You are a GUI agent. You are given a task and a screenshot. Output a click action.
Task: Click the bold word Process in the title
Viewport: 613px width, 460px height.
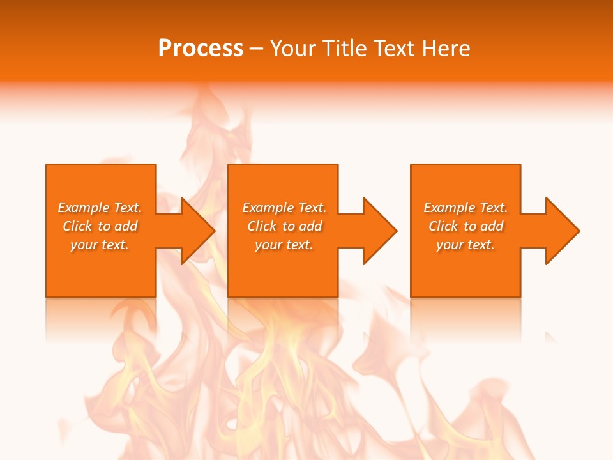pyautogui.click(x=201, y=49)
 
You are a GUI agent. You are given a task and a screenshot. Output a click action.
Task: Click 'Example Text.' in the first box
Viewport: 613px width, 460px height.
pyautogui.click(x=100, y=208)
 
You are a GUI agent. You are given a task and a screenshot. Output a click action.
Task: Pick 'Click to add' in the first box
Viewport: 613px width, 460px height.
pyautogui.click(x=100, y=226)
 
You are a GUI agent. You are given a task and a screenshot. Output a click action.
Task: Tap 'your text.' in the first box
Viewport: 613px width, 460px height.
pyautogui.click(x=100, y=245)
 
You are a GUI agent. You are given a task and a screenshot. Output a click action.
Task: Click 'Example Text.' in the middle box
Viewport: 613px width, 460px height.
pyautogui.click(x=284, y=208)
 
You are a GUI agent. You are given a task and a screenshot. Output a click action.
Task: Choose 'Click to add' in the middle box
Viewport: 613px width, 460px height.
pyautogui.click(x=284, y=226)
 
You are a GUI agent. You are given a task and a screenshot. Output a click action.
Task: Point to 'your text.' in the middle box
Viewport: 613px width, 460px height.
pyautogui.click(x=284, y=245)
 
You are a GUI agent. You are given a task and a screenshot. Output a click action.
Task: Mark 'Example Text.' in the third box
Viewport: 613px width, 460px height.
pyautogui.click(x=465, y=208)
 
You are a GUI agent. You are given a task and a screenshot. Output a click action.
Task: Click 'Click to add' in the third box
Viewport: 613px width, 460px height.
pyautogui.click(x=465, y=226)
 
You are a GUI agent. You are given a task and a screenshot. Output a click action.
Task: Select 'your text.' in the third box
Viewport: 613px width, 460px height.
pyautogui.click(x=465, y=245)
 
